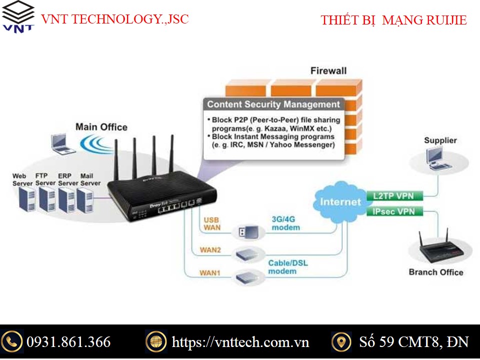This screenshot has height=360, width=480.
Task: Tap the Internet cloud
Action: [x=340, y=201]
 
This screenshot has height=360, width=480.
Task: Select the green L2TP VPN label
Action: [x=394, y=196]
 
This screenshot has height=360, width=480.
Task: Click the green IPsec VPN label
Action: [x=394, y=211]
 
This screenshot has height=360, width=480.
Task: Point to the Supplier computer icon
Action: [x=438, y=158]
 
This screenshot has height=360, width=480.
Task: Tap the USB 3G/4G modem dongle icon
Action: [x=248, y=232]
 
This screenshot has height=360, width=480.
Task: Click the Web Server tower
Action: [x=27, y=199]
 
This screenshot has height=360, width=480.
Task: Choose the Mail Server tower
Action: [x=85, y=200]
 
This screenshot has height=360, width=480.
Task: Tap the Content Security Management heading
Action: [x=273, y=104]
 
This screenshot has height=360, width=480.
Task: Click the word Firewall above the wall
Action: [x=328, y=70]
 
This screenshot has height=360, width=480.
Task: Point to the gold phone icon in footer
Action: [x=11, y=341]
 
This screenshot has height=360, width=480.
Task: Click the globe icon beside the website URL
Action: [x=156, y=341]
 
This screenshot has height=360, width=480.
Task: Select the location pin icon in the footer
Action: [x=341, y=341]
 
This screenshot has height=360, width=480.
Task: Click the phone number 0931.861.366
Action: [x=68, y=342]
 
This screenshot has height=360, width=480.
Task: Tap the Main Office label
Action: [x=101, y=127]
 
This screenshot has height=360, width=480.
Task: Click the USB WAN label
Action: [x=212, y=224]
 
